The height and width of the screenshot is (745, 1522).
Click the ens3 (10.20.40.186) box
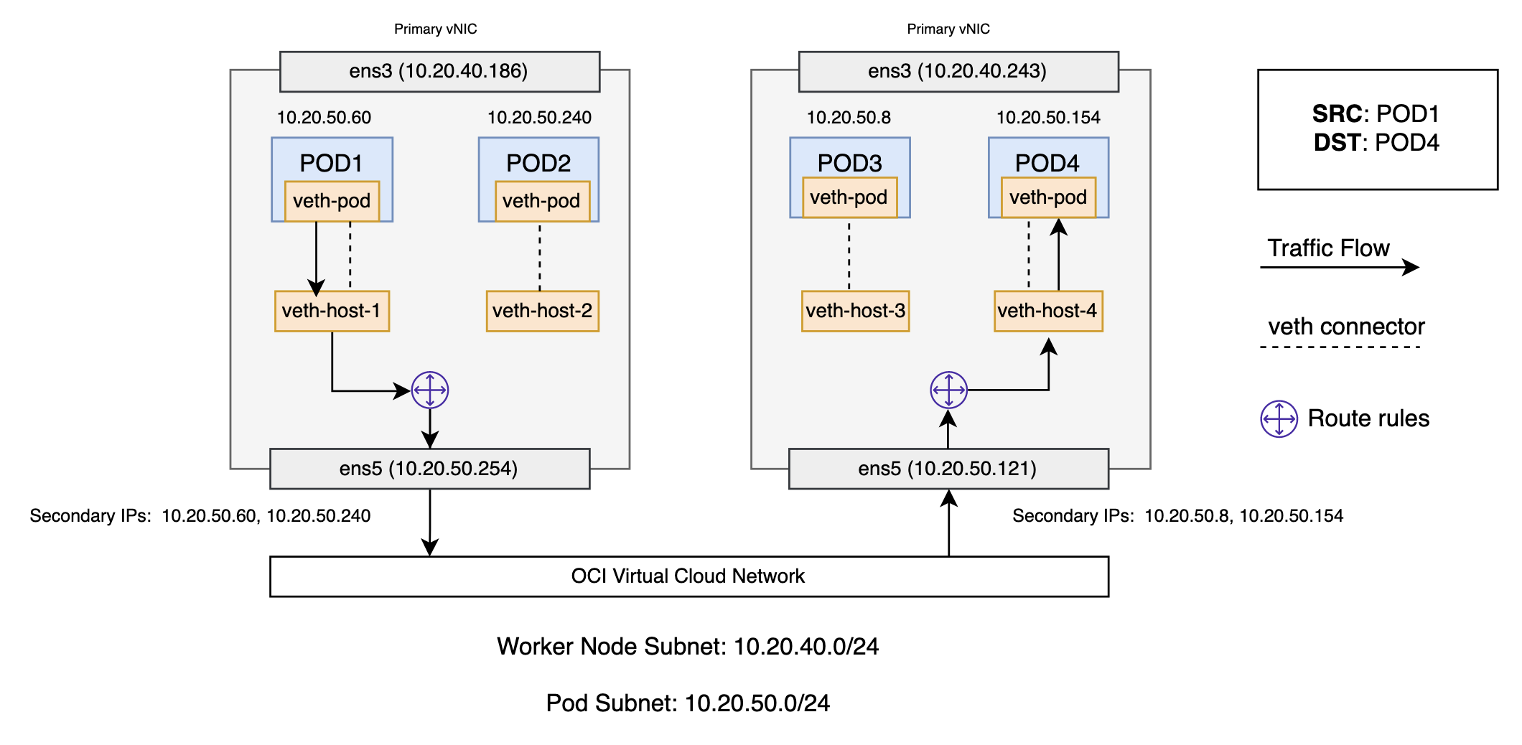point(439,71)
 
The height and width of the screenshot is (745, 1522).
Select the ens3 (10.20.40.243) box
point(958,71)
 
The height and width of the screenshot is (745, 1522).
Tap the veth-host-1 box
point(332,311)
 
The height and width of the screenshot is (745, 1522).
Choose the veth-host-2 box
point(542,311)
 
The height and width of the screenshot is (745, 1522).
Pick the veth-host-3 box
point(855,311)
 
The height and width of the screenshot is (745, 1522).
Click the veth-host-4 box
point(1047,311)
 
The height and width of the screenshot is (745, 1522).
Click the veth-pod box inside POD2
point(541,201)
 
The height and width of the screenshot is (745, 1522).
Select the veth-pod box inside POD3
point(849,197)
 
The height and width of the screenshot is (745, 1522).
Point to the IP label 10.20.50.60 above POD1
point(324,118)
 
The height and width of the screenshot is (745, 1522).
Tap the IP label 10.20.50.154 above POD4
point(1048,118)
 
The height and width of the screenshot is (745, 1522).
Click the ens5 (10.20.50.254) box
point(429,469)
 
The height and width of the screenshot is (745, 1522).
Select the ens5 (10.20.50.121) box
point(948,469)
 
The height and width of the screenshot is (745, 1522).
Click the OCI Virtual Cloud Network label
point(688,576)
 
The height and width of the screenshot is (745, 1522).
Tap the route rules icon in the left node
point(430,390)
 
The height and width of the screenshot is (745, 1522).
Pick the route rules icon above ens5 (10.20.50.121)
point(948,390)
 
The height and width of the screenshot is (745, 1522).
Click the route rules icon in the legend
point(1279,418)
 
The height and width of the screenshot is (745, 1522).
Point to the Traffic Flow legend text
point(1328,248)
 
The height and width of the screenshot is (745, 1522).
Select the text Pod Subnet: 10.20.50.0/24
point(688,703)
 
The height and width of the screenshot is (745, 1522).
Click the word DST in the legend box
point(1336,143)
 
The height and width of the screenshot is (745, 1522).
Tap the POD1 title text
point(331,163)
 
